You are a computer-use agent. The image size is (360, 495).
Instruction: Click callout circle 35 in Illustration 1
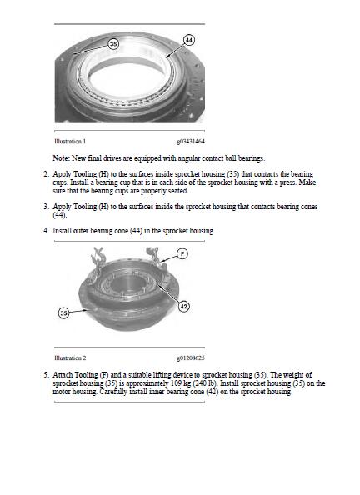pos(113,43)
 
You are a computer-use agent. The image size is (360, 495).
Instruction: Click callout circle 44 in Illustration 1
pos(189,40)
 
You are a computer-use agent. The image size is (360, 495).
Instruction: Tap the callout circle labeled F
pos(182,253)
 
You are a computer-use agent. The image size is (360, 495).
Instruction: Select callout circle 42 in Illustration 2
pos(184,306)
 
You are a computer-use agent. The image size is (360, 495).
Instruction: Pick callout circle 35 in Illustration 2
pos(64,312)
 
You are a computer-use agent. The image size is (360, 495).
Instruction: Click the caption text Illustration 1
pos(70,141)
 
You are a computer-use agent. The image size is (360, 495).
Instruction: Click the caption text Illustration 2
pos(70,357)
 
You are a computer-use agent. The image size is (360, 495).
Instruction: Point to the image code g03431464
pos(191,141)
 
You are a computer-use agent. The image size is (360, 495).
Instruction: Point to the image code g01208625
pos(191,357)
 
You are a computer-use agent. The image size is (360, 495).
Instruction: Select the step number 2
pos(46,174)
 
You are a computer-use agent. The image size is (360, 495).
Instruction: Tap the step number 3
pos(46,207)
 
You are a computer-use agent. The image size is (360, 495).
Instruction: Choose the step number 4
pos(46,231)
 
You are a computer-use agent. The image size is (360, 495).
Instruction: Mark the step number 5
pos(46,375)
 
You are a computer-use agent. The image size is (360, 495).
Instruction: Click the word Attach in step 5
pos(62,375)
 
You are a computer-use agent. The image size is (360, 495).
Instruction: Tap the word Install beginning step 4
pos(62,231)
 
